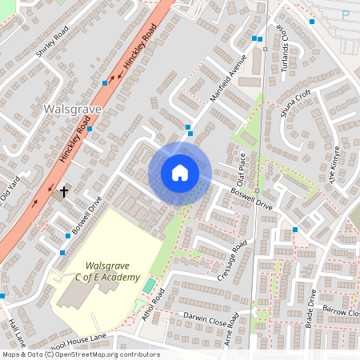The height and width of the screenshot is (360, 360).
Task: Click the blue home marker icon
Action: coord(179,173)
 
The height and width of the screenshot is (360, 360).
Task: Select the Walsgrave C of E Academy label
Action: coord(106,271)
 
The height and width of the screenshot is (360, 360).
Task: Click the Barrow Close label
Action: coord(342,311)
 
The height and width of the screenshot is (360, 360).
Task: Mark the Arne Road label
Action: coord(232,330)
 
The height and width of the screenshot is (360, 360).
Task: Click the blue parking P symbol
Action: coord(346,14)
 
